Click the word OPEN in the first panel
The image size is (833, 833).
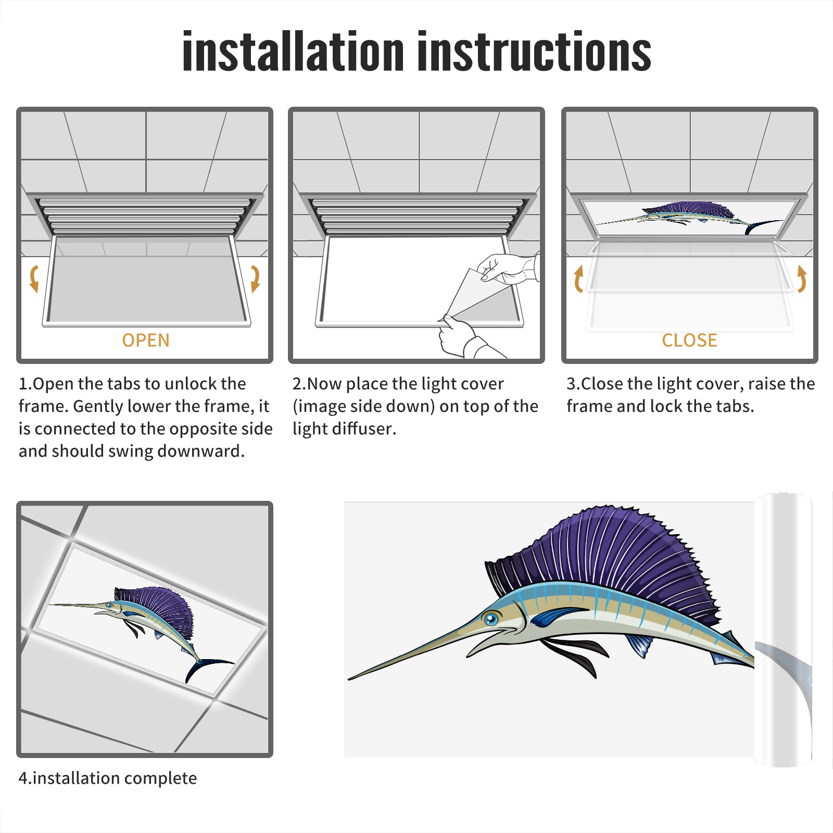146,340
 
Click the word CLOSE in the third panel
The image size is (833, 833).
689,340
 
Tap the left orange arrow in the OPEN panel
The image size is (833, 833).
34,279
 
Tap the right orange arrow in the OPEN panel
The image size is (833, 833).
255,279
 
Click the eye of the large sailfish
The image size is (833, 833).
490,620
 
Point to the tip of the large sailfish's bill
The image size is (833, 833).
349,679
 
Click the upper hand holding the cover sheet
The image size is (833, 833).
508,269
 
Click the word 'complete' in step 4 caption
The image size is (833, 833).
161,779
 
